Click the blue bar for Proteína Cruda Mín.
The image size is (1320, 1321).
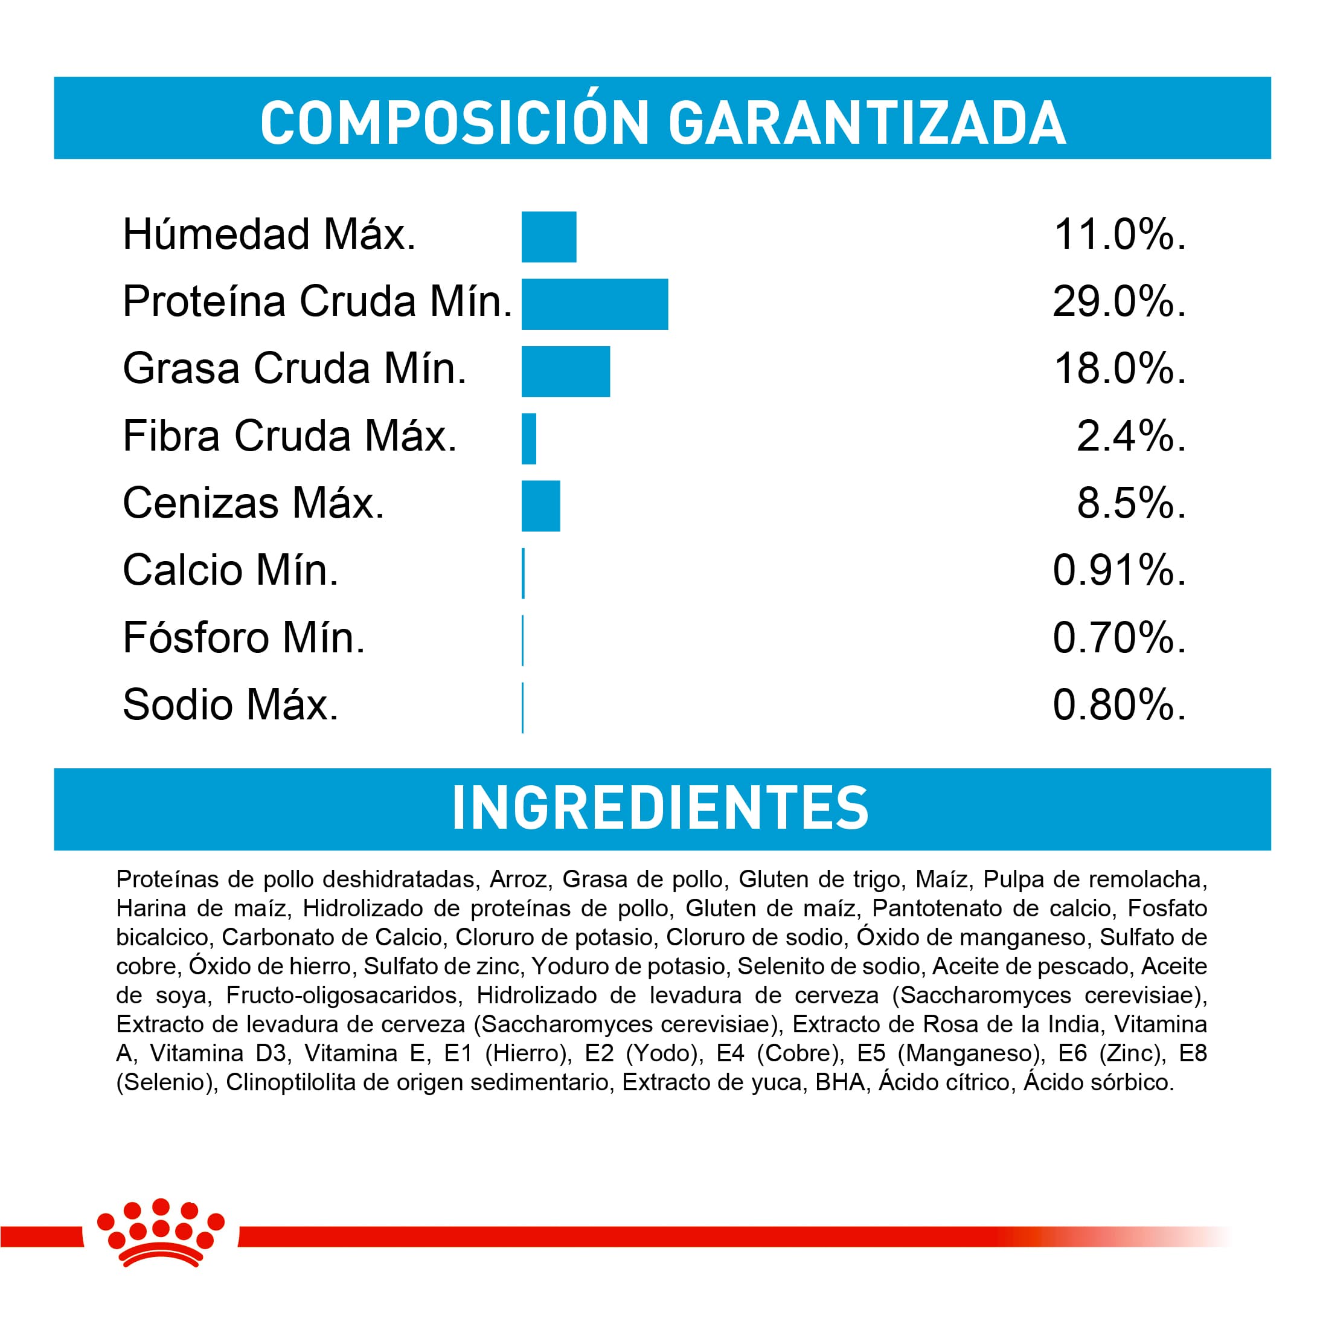(594, 304)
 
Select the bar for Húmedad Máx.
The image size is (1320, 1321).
(548, 237)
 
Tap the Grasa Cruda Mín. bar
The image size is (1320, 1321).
(565, 371)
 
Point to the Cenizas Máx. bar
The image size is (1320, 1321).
(540, 506)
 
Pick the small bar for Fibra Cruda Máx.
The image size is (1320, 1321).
(528, 439)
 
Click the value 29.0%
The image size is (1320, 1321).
(1118, 301)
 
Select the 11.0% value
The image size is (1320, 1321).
(1119, 234)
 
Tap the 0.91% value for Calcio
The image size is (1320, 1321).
(1118, 570)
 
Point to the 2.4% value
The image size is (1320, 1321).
(1130, 436)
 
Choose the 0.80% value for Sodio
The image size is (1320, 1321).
(1118, 705)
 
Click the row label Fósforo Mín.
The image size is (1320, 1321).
(243, 638)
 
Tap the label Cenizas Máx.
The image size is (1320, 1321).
(254, 503)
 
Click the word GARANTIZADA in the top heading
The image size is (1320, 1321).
(866, 123)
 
